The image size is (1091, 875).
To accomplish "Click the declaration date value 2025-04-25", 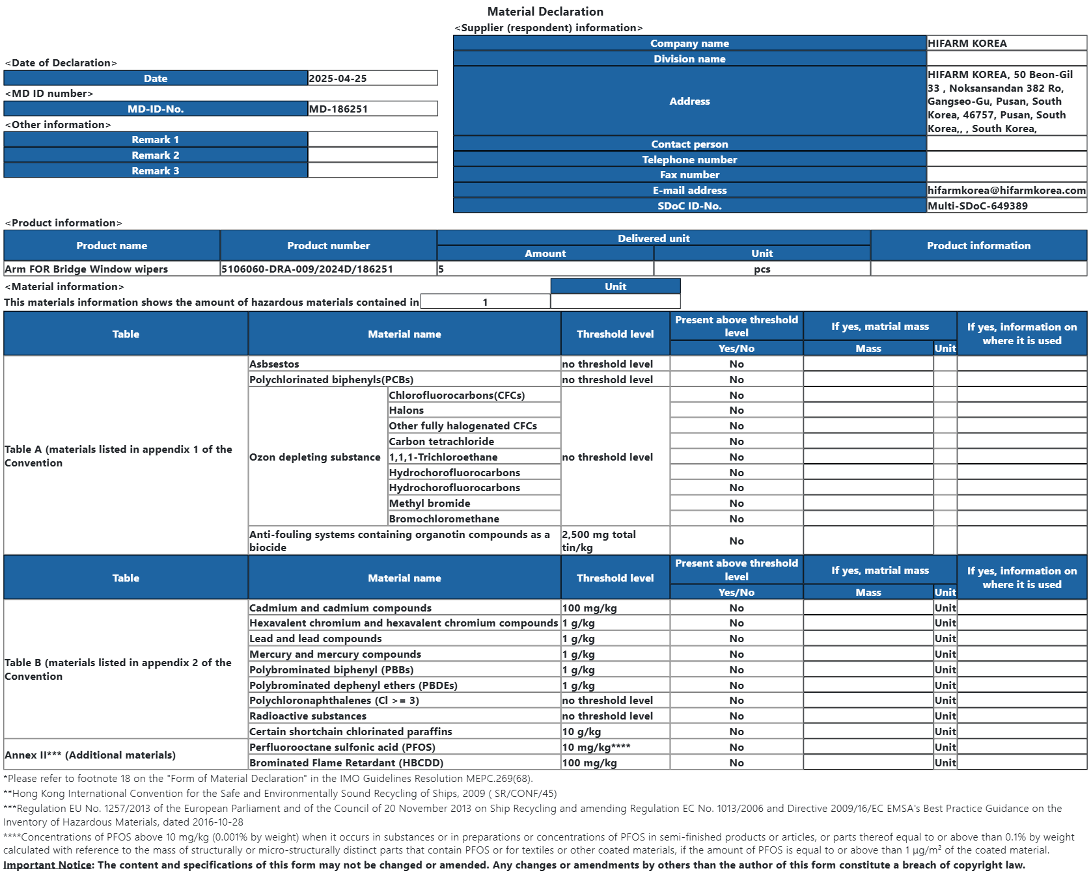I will [338, 79].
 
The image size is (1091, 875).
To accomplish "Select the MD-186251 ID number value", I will [338, 109].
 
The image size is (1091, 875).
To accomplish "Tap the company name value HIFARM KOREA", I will [967, 44].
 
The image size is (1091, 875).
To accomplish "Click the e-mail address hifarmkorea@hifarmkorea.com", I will [1006, 191].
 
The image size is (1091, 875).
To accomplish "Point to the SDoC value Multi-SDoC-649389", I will [978, 206].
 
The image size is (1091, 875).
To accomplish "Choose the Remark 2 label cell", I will [156, 155].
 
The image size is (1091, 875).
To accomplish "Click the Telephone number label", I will [689, 160].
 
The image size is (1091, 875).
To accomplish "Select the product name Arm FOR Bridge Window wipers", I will [87, 269].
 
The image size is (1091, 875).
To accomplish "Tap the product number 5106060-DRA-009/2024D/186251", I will [307, 269].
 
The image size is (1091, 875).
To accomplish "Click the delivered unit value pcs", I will [762, 269].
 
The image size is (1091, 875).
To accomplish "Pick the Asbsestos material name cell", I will [275, 364].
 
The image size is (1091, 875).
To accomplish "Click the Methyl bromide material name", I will [430, 504].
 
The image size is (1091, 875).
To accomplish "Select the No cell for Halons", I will [736, 411].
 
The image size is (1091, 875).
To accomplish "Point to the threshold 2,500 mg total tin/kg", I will [599, 541].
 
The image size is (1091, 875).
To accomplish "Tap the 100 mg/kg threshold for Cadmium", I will [590, 608].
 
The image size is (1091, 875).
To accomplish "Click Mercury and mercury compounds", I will [335, 654].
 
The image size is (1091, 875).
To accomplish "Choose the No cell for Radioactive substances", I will [736, 716].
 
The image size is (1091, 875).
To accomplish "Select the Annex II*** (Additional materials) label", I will [90, 755].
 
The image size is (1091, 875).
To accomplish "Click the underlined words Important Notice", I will [48, 865].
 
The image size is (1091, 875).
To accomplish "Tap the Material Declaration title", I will [545, 12].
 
